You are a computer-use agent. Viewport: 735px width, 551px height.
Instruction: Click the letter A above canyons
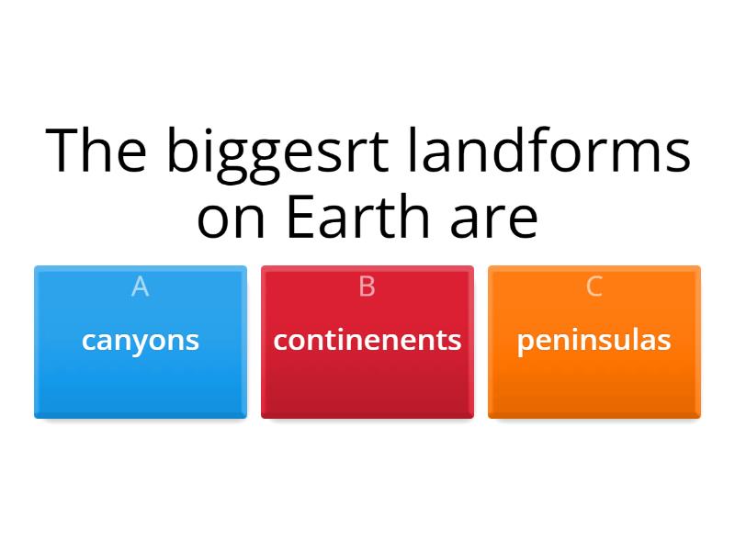pos(141,287)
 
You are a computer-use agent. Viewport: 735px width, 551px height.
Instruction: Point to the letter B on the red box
pos(367,287)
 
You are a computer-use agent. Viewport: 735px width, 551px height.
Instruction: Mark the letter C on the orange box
pos(594,287)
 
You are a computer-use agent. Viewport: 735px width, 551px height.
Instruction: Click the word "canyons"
pos(141,340)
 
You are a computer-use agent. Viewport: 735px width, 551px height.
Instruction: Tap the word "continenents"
pos(367,340)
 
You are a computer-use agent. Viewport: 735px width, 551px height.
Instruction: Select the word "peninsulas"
pos(594,340)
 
